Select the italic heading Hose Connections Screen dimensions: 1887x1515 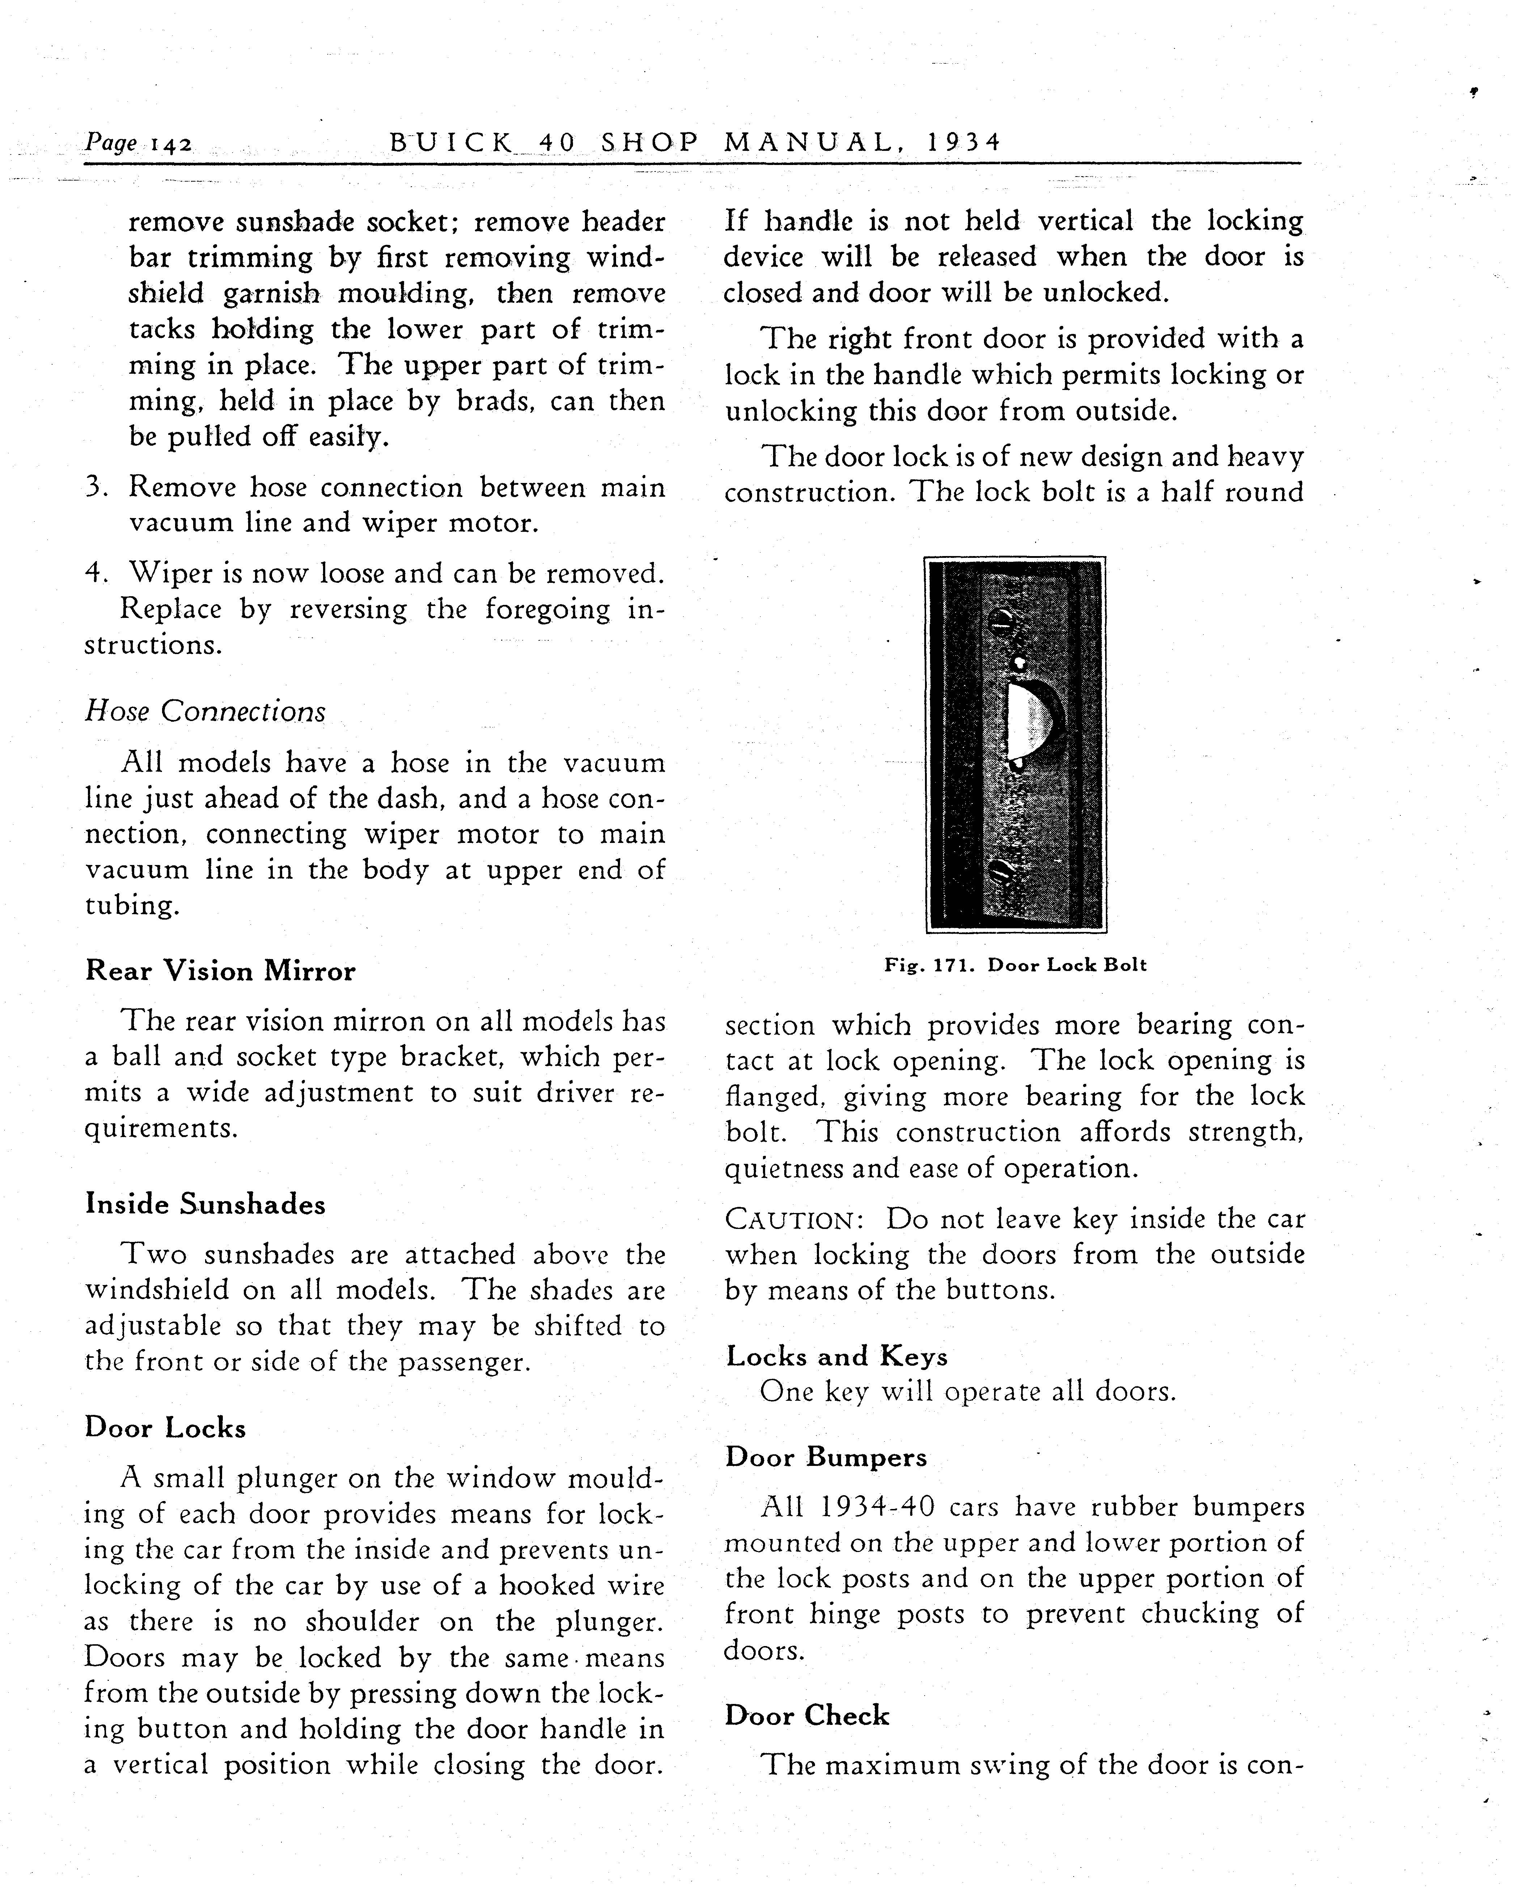205,711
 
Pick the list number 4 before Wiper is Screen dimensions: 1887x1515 96,573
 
